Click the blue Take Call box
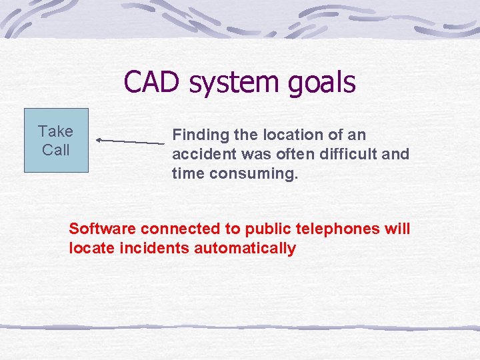point(56,141)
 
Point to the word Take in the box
point(55,131)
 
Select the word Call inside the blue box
point(55,150)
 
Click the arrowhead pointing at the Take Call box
point(99,140)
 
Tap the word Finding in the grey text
point(198,135)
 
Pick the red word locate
point(90,249)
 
